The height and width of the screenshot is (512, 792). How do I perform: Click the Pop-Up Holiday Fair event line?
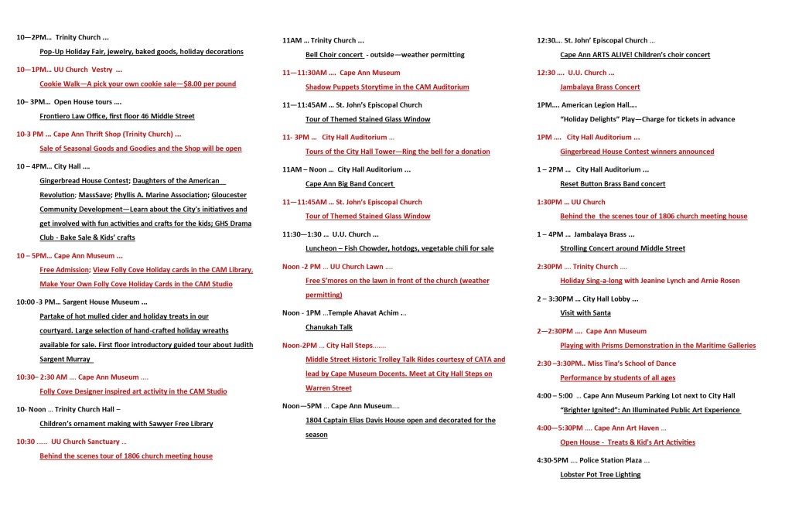coord(142,52)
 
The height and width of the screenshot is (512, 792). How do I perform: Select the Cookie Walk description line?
coord(138,84)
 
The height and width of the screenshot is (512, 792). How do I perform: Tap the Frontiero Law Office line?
coord(117,116)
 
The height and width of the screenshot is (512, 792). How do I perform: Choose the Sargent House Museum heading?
coord(82,302)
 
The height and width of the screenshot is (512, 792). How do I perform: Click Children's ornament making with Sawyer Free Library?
coord(126,424)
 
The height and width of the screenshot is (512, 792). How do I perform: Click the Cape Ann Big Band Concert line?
coord(350,184)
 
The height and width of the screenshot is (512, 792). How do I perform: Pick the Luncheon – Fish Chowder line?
coord(399,248)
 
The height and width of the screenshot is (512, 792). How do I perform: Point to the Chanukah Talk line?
coord(332,327)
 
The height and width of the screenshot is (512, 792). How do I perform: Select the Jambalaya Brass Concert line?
coord(599,87)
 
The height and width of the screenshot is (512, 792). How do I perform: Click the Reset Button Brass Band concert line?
coord(613,184)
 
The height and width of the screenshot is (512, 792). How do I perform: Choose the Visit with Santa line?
coord(585,313)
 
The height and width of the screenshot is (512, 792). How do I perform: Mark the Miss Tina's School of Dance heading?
coord(606,363)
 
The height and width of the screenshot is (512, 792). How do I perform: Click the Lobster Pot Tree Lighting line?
coord(600,475)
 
